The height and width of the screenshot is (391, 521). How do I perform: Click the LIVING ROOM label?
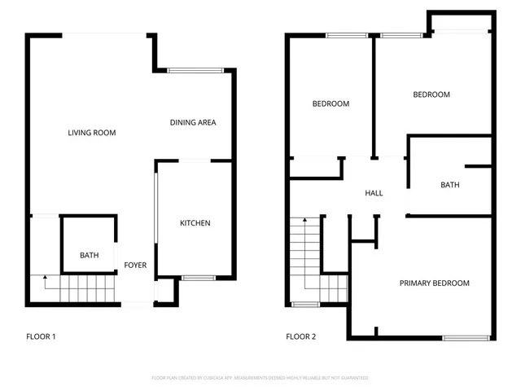(x=91, y=132)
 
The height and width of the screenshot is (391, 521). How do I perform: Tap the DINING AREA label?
(x=193, y=123)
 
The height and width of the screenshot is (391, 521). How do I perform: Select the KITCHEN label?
(x=195, y=223)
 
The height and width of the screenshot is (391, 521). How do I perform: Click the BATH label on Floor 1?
(x=89, y=256)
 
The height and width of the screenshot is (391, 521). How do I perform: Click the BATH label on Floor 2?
(x=449, y=185)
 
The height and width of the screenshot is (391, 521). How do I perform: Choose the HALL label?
(x=374, y=193)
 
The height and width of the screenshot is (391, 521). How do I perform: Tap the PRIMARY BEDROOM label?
(x=434, y=283)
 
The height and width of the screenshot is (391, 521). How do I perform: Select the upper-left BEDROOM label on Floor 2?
(x=331, y=103)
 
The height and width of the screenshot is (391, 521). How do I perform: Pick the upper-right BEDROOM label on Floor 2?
(x=431, y=94)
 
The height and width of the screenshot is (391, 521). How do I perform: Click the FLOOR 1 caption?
(x=41, y=336)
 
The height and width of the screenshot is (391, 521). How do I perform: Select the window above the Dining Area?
(x=195, y=71)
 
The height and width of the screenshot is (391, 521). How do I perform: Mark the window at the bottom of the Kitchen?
(x=198, y=279)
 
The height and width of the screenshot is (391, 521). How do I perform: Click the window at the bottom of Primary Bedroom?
(x=466, y=337)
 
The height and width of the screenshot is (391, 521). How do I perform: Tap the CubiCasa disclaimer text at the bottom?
(x=260, y=378)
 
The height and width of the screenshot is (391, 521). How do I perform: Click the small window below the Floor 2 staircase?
(x=305, y=305)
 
